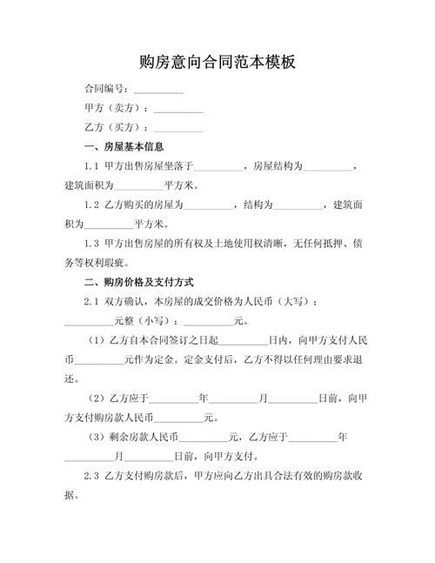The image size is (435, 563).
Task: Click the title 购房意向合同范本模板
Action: point(217,62)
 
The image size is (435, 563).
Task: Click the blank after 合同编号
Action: point(157,90)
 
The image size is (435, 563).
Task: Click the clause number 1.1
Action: point(91,167)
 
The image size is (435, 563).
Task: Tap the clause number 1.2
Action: point(91,205)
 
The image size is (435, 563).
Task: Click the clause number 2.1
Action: point(91,302)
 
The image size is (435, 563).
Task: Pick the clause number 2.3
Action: point(91,476)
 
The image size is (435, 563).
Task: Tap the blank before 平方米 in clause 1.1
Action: point(138,186)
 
